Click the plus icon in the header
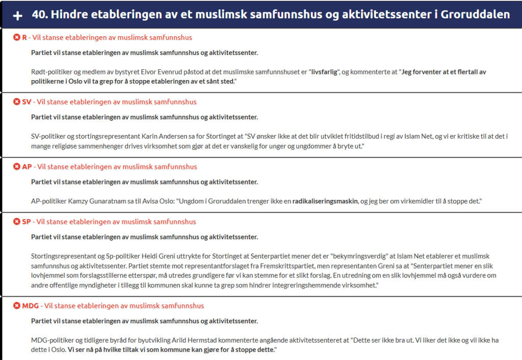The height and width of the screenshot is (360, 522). [17, 15]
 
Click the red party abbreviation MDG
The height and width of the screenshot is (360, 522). [31, 306]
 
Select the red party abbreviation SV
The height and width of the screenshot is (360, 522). [27, 102]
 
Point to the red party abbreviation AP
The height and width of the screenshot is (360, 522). [27, 167]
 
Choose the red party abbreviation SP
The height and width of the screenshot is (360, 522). [27, 222]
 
